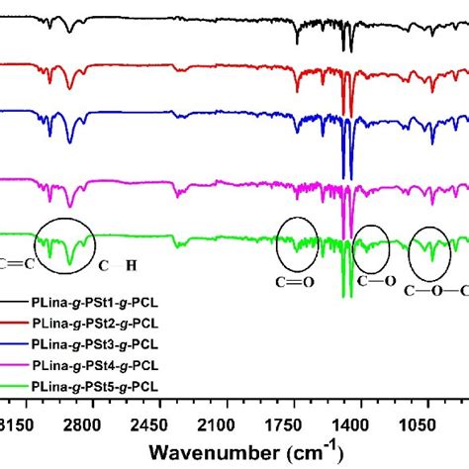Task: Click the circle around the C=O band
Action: (298, 245)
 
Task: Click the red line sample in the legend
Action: (16, 324)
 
